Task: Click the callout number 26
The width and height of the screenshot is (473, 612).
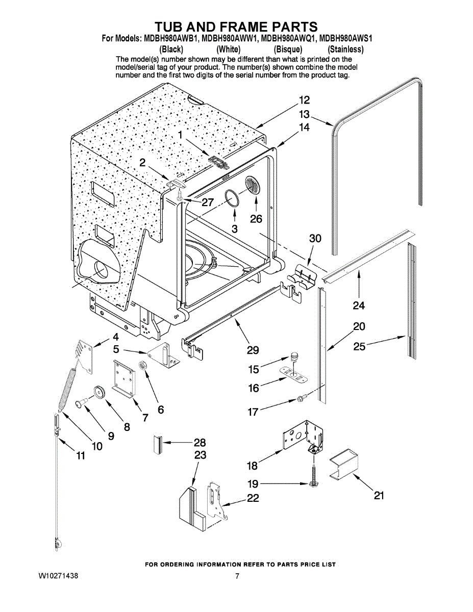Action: click(x=256, y=219)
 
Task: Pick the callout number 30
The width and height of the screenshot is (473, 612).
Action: click(x=315, y=238)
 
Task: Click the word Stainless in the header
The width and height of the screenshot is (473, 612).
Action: click(x=346, y=49)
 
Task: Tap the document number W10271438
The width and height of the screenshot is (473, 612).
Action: click(x=58, y=576)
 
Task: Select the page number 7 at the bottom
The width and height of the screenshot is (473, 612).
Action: click(x=237, y=576)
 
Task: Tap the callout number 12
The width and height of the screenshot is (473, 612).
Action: click(x=304, y=100)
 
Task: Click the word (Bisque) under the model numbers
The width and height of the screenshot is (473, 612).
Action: click(x=288, y=49)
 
